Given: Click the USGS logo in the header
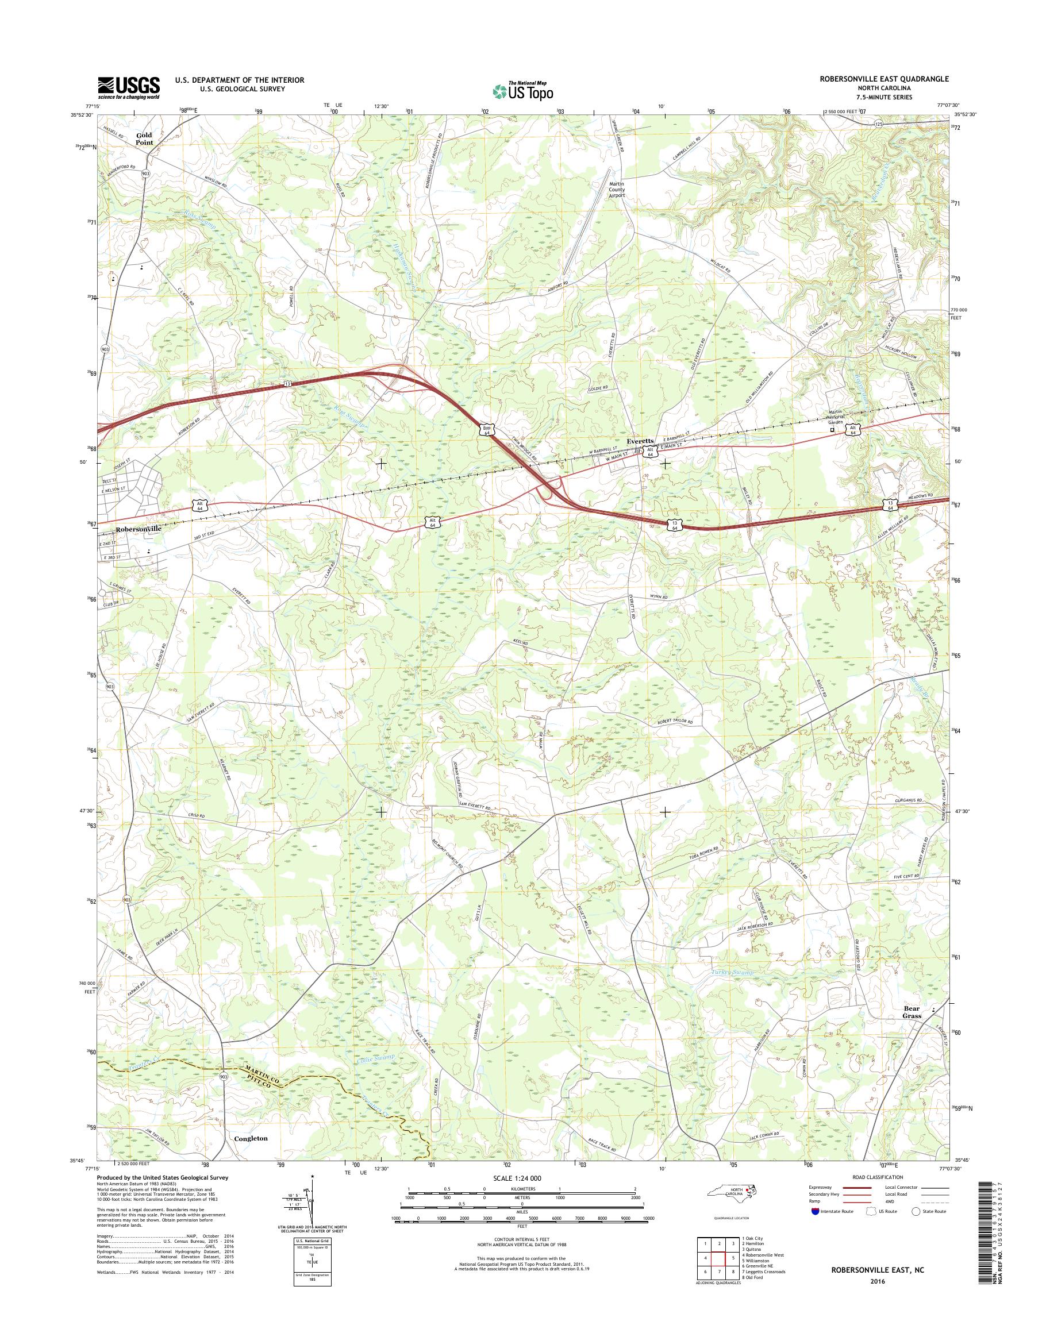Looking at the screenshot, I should [129, 87].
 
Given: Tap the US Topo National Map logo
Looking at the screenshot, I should [522, 90].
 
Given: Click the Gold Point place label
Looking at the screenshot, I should [144, 138].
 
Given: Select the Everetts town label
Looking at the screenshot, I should [640, 441].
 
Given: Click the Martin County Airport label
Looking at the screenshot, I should [616, 189].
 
